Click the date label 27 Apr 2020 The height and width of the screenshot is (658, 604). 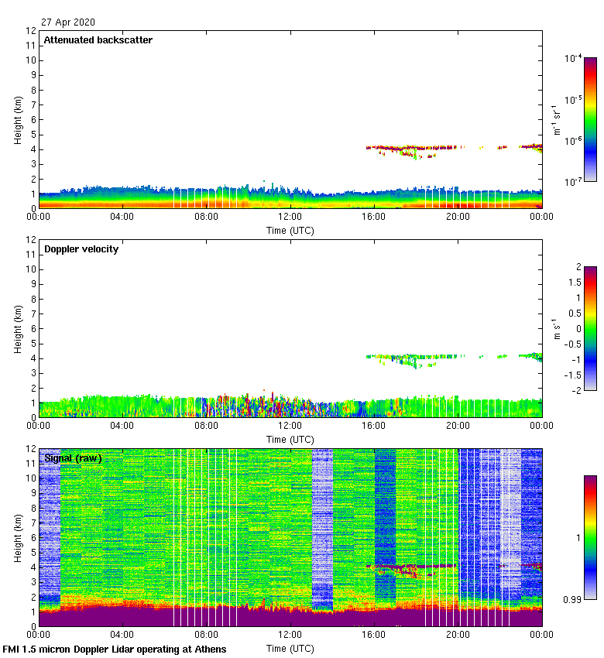point(69,22)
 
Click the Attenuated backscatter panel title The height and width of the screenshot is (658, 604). point(98,39)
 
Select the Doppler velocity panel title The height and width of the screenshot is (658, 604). point(81,248)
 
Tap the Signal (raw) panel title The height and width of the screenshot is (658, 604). point(74,458)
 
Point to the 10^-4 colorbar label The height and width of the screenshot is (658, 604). point(574,58)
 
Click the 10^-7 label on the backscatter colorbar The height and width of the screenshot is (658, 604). point(574,181)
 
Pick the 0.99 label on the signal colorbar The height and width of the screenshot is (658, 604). point(574,599)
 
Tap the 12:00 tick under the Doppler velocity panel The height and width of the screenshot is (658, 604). point(290,426)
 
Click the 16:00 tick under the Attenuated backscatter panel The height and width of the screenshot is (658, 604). point(374,217)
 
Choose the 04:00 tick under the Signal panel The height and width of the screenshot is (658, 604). point(122,635)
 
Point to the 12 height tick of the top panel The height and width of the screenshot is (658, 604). point(31,31)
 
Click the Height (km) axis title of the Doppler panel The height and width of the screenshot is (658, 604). point(18,329)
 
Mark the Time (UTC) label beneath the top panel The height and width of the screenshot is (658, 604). point(290,230)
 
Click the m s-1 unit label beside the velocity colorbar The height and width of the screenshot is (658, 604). point(555,329)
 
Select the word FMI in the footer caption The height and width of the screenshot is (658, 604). point(12,649)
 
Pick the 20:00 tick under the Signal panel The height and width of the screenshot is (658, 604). point(458,635)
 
